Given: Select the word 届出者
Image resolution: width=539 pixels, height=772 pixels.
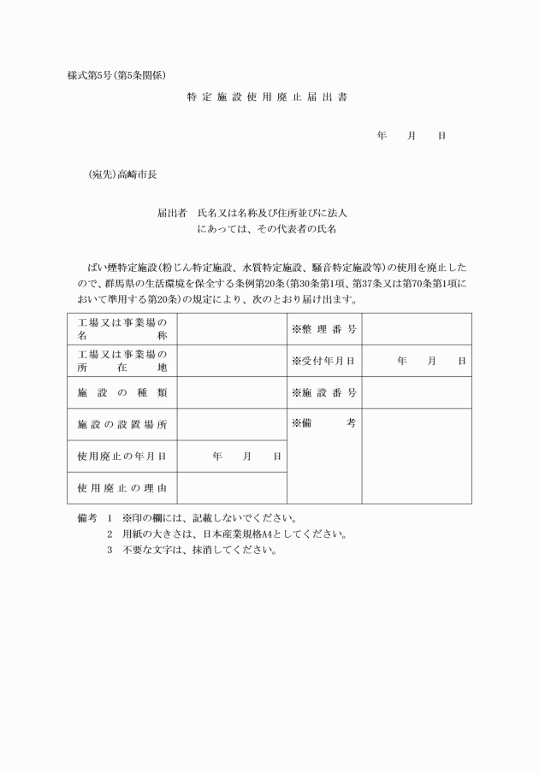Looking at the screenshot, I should coord(171,212).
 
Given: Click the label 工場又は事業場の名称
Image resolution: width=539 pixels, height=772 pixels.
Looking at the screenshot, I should coord(122,329).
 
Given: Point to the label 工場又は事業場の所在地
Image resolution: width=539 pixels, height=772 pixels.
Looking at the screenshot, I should coord(122,361).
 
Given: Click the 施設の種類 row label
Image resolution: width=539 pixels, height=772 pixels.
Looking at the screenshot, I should coord(122,392).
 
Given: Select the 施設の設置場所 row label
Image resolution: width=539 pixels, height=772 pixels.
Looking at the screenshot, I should coord(122,424).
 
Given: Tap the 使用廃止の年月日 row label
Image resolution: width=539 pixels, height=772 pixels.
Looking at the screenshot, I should coord(122,457).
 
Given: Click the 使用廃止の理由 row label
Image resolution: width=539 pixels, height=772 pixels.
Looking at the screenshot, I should coord(122,488).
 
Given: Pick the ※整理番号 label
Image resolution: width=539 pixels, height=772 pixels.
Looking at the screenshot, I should coord(323,329).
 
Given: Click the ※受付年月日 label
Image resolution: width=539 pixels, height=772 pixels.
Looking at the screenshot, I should coord(323,361).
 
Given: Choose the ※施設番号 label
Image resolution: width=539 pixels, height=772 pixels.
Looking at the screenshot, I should coord(323,392).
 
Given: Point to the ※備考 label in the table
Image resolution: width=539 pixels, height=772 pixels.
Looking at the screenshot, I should coord(323,423).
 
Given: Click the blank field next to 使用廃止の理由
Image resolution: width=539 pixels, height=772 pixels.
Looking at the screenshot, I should coord(232,488).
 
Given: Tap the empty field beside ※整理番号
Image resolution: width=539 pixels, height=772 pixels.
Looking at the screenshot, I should coord(416,329).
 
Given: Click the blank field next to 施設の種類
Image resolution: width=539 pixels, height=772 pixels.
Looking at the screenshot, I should coord(232,392).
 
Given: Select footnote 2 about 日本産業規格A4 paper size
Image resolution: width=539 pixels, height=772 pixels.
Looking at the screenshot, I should coord(227,534).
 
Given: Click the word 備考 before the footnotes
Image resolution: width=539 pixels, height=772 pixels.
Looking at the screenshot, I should coord(88,518).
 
